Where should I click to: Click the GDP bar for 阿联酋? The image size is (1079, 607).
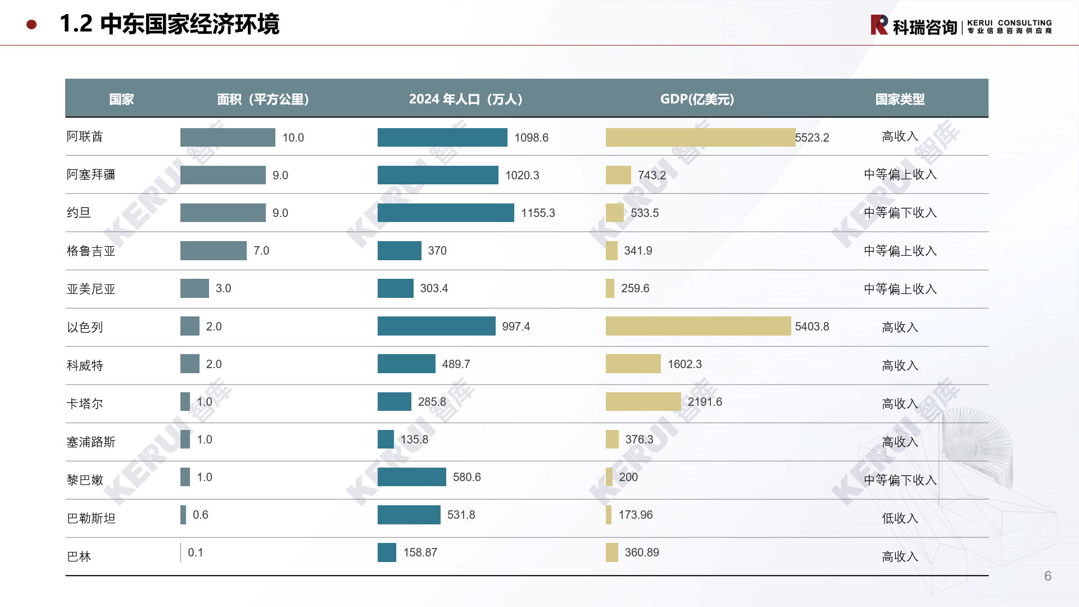pos(700,137)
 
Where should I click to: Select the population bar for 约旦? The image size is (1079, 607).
pos(446,212)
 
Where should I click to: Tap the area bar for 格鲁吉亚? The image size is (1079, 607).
pos(213,251)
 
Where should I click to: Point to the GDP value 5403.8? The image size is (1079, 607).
pos(811,327)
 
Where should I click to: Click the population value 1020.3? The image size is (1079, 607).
pos(522,175)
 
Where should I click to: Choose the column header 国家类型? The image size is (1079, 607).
pos(900,99)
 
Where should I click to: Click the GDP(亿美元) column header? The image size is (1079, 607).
pos(697,99)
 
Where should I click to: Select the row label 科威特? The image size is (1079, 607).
pos(85,365)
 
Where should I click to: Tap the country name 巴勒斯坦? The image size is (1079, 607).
pos(91,518)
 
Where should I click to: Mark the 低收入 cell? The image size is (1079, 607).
pos(900,518)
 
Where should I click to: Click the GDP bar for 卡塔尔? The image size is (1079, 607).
pos(643,402)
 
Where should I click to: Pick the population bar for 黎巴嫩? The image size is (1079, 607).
pos(411,477)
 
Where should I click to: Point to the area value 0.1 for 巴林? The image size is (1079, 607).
pos(196,552)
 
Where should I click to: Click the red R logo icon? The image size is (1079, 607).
pos(879,25)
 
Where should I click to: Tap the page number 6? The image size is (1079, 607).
pos(1048,576)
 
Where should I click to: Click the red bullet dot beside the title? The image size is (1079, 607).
pos(31,24)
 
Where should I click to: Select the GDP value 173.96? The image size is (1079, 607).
pos(636,515)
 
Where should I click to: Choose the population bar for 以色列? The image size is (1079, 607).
pos(436,326)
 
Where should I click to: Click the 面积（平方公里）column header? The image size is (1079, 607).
pos(263,99)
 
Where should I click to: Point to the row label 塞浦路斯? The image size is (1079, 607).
pos(91,442)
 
